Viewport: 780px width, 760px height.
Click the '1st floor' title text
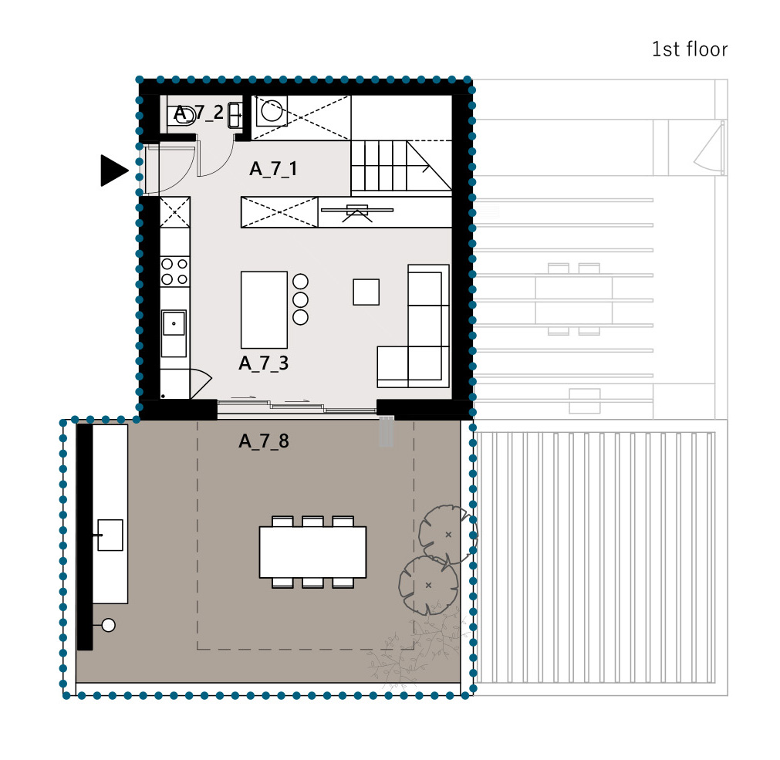690,49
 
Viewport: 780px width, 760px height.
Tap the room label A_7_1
273,169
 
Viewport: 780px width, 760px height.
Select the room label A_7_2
198,113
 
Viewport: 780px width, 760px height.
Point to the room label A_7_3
264,363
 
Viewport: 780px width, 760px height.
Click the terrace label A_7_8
264,441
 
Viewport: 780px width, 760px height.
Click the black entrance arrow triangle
114,171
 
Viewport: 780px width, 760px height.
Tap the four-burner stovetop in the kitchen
174,272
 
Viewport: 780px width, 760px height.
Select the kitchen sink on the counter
174,323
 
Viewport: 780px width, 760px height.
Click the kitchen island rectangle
264,310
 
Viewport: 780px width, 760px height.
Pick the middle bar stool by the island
300,299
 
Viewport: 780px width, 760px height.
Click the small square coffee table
366,292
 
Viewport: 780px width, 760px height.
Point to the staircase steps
379,166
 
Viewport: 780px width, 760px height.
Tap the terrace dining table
313,552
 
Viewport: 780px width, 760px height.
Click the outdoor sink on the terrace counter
110,535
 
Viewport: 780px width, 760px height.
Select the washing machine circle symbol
272,111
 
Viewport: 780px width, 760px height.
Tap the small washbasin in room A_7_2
235,116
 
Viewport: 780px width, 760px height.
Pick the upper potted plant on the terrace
447,535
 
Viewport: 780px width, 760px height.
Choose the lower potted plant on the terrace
428,586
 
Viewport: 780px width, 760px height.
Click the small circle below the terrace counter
109,625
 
